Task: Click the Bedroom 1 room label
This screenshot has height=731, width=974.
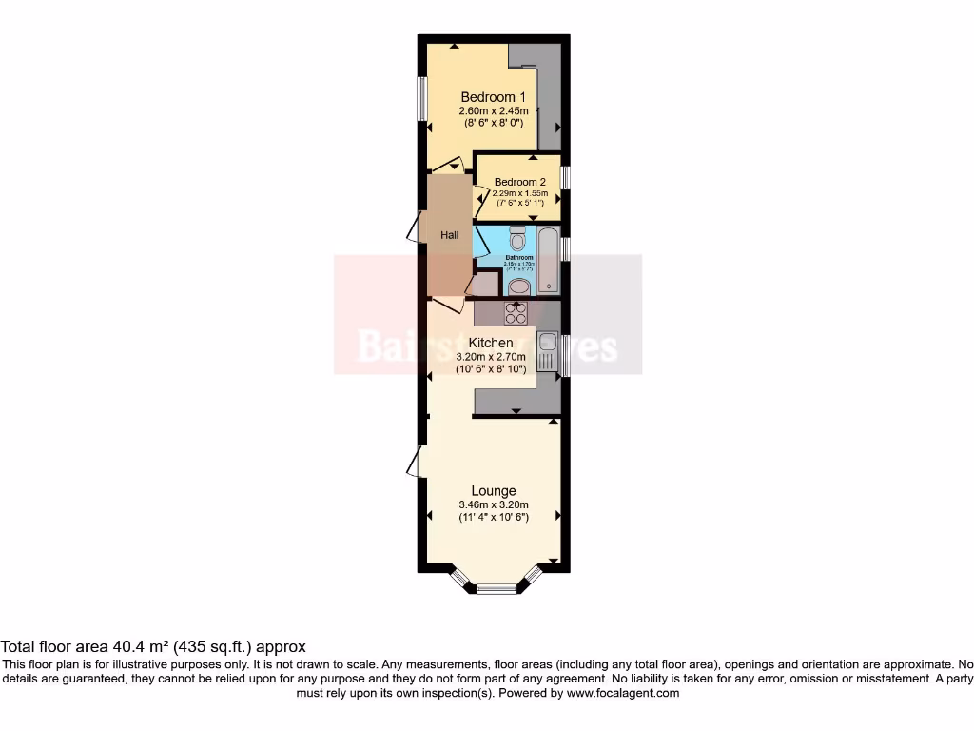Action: click(x=493, y=97)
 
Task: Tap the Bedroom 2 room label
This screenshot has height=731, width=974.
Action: click(x=519, y=182)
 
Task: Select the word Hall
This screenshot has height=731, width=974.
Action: click(x=449, y=235)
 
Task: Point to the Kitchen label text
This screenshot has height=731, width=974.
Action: click(x=491, y=343)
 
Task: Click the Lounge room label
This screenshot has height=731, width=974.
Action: click(x=493, y=491)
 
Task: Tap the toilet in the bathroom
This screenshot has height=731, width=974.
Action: click(x=517, y=238)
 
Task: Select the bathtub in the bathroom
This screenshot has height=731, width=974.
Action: click(x=549, y=260)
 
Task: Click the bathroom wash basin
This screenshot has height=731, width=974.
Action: click(x=519, y=287)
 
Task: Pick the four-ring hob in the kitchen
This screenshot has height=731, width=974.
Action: click(x=516, y=312)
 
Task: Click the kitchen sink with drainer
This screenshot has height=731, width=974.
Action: click(x=549, y=353)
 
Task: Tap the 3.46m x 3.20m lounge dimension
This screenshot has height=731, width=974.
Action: click(x=493, y=504)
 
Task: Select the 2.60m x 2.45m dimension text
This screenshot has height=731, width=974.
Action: click(x=493, y=110)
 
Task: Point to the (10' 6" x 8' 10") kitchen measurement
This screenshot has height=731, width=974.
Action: click(x=491, y=369)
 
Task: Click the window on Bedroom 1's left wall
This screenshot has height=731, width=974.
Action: click(x=421, y=98)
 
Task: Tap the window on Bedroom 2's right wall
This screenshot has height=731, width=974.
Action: click(x=566, y=178)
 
